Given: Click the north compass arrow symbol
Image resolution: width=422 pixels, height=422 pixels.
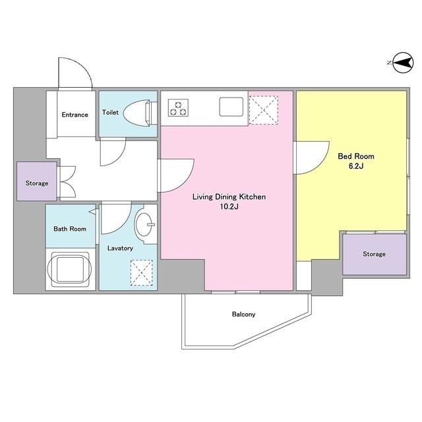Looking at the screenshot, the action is pos(403,63).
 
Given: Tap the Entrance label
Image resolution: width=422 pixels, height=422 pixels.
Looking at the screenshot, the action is pos(75,115).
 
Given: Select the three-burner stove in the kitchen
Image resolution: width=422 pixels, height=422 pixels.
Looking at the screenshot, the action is pos(178,107).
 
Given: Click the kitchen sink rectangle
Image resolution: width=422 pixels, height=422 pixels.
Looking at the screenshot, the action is pos(231,107).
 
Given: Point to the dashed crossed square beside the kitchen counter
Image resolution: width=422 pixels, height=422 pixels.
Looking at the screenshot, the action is pos(264,110).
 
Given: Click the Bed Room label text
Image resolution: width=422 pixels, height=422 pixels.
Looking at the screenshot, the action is pos(356,156).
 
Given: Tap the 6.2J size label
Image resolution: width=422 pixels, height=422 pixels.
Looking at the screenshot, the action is pos(356,166).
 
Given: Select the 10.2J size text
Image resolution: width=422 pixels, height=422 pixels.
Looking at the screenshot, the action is pos(229,206).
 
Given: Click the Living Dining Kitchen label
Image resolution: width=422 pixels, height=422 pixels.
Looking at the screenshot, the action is pos(229,196).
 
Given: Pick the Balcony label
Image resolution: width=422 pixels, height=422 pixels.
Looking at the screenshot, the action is pos(243,314).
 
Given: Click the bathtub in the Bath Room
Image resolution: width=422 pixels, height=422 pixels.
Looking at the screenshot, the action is pos(70,269).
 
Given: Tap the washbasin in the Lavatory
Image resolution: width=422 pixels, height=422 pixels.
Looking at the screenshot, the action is pos(144,224).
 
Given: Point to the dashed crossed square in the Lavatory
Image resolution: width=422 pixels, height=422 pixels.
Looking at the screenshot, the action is pos(142,272).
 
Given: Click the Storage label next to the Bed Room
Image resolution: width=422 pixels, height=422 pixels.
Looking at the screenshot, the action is pos(374,254).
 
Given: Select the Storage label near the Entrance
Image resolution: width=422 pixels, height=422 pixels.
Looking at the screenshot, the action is pos(37,183).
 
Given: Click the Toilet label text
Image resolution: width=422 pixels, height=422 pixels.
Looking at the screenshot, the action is pos(110,112).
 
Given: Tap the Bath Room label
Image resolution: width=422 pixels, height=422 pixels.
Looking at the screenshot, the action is pos(70,229).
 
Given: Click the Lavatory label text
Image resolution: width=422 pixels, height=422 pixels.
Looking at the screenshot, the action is pos(120,248).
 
